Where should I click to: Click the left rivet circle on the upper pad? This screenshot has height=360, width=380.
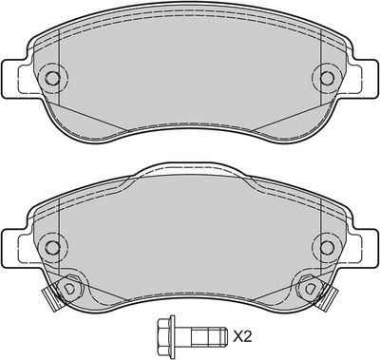pos(52,78)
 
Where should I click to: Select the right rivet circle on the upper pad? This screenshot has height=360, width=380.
pos(327,78)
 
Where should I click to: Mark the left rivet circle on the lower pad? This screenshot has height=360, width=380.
pos(52,247)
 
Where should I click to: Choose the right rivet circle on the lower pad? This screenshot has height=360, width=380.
pos(327,247)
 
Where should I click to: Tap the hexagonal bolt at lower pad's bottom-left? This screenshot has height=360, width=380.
pos(68,288)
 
